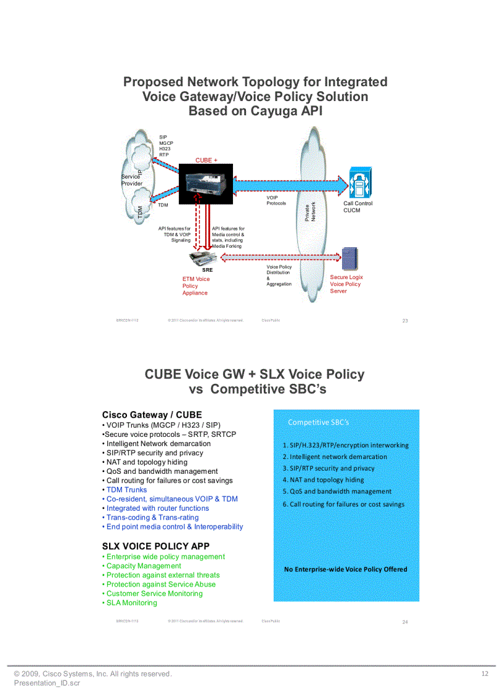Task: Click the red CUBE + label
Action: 207,160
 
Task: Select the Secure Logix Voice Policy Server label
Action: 346,284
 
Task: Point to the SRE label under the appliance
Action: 208,270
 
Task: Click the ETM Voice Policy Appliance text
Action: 196,286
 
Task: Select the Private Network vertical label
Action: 310,213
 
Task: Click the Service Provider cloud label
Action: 131,180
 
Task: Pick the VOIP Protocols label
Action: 276,200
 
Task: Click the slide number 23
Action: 405,320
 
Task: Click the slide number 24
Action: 405,622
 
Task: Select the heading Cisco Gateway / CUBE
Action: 152,415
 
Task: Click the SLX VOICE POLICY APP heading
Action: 155,546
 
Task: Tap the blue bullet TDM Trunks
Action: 126,490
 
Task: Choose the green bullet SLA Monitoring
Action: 131,603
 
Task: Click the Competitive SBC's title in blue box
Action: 318,422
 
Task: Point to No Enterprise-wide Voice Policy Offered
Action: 345,569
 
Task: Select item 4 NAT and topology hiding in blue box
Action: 323,480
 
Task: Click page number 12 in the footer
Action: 485,674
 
